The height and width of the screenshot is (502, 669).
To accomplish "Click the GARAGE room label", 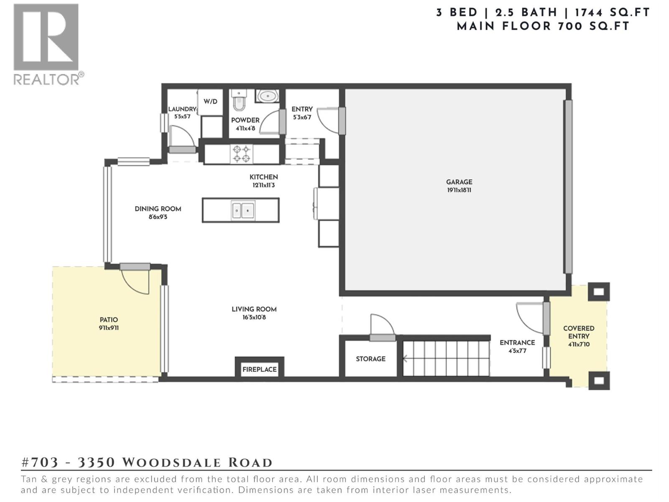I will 459,182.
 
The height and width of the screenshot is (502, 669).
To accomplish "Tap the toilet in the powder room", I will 239,101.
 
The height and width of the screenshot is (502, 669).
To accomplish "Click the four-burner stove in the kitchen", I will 242,154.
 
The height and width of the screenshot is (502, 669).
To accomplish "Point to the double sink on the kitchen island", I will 243,210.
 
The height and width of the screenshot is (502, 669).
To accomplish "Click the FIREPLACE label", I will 259,369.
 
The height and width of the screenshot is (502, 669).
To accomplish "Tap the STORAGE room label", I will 370,359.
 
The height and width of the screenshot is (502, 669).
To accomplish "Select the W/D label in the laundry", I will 210,102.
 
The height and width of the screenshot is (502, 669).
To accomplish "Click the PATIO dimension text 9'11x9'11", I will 109,328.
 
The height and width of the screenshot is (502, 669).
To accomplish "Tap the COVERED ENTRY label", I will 578,332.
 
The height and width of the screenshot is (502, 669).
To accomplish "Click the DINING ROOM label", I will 158,209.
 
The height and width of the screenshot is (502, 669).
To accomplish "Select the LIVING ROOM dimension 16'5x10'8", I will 254,318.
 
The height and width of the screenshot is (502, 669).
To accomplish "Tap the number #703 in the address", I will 40,463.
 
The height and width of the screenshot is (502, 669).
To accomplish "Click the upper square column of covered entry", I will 598,292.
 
